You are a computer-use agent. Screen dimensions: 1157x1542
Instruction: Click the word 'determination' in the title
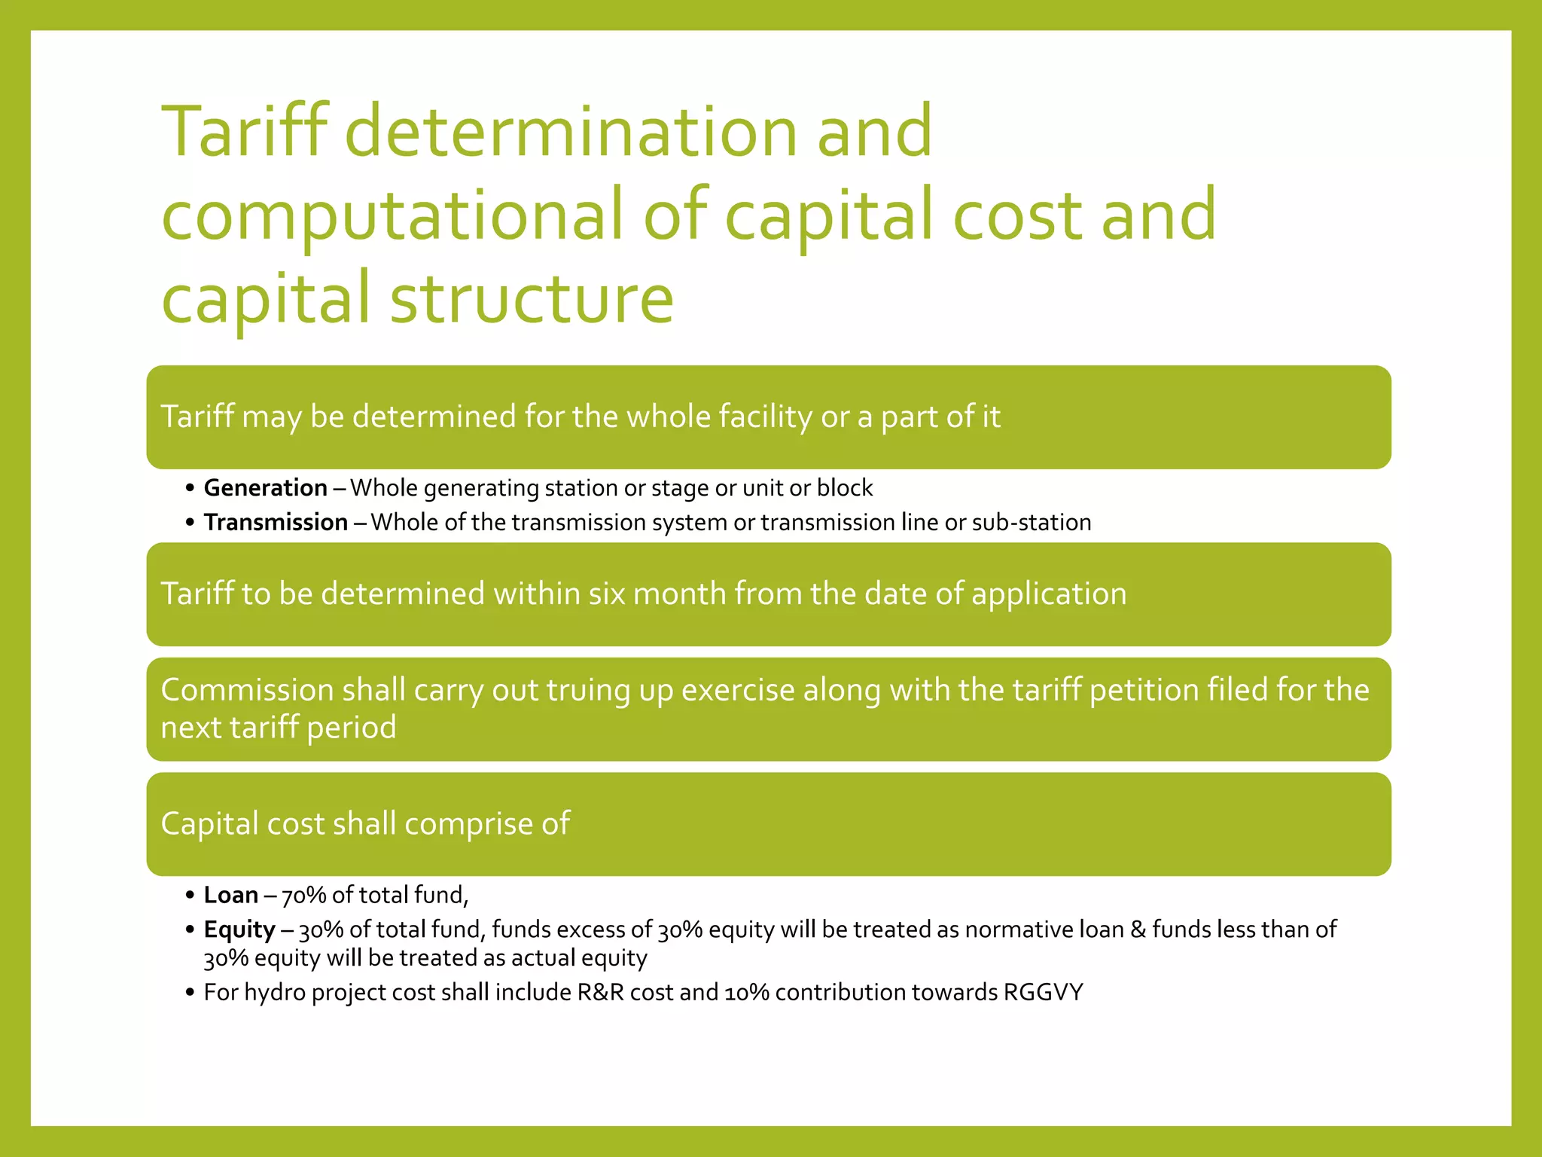[x=571, y=132]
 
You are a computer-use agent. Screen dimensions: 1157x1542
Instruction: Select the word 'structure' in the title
[x=532, y=298]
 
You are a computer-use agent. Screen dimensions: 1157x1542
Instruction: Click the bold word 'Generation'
[x=266, y=488]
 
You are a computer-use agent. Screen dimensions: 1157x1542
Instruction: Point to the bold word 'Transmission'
[x=276, y=523]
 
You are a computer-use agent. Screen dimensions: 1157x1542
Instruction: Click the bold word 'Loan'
[x=231, y=895]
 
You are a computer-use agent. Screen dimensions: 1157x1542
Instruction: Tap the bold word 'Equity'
[x=239, y=930]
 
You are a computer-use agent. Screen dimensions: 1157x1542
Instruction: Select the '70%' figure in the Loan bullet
[x=303, y=896]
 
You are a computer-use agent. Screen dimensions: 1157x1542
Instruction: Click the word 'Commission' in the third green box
[x=247, y=690]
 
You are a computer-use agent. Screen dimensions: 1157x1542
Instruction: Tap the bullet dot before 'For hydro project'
[x=190, y=993]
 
